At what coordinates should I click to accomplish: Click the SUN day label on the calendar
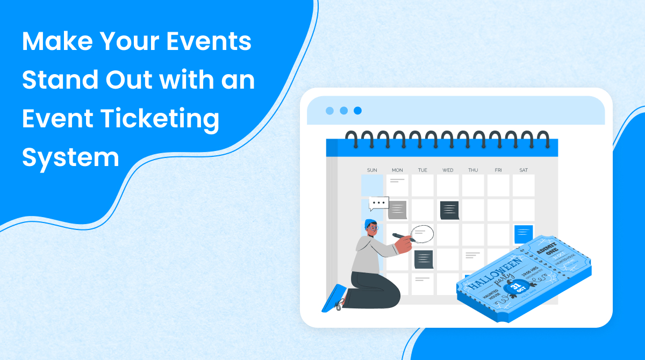pos(372,170)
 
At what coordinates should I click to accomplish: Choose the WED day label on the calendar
pos(448,170)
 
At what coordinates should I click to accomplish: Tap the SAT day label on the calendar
pos(524,170)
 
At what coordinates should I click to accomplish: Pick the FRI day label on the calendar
pos(498,170)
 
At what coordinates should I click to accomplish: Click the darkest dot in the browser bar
pos(357,111)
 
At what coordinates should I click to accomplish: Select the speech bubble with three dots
pos(379,203)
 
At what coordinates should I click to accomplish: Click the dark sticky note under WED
pos(449,210)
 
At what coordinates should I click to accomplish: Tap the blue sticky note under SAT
pos(524,234)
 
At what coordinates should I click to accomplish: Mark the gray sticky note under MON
pos(398,210)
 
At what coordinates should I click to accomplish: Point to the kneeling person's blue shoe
pos(333,299)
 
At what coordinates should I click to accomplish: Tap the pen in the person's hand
pos(401,235)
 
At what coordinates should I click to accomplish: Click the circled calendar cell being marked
pos(422,233)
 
